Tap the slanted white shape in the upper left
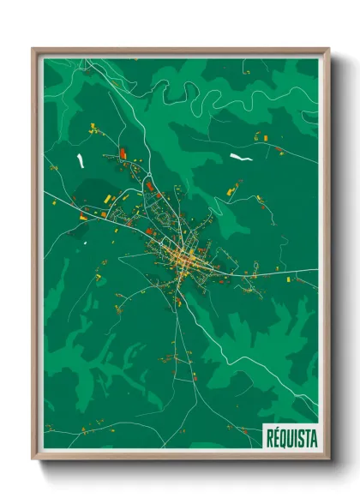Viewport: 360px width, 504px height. [x=81, y=160]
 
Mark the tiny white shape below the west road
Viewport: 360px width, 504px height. [x=86, y=243]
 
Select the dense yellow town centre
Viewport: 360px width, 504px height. [x=185, y=257]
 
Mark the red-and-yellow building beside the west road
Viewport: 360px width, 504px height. [x=83, y=214]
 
